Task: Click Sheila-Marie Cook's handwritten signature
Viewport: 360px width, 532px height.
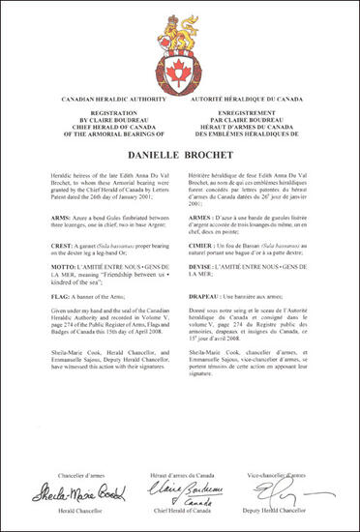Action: tap(90, 485)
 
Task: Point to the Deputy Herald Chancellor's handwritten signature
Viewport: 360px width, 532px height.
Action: tap(274, 484)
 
